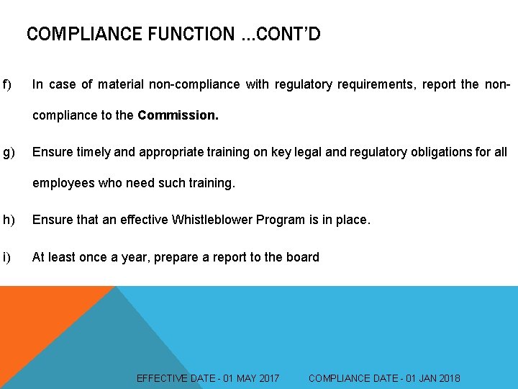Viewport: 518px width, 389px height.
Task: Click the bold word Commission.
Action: (x=178, y=115)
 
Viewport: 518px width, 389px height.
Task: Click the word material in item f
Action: (x=120, y=85)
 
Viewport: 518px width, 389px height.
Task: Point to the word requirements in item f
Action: (x=375, y=85)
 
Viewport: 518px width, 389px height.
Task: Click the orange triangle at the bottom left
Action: (x=36, y=324)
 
